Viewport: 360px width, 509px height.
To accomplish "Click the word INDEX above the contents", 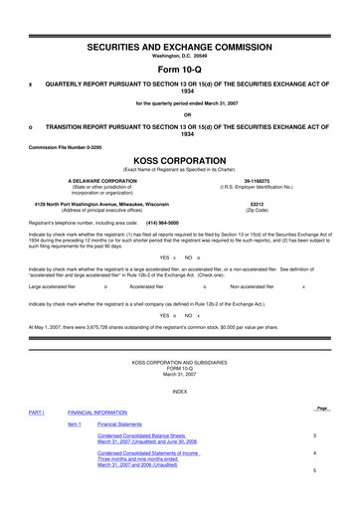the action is [179, 391].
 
